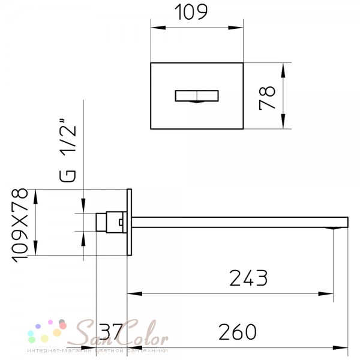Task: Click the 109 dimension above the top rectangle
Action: coord(191,12)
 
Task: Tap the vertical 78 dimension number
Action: coord(267,98)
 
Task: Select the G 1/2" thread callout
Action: coord(67,151)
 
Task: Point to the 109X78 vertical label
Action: coord(20,225)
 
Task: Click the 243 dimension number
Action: coord(248,278)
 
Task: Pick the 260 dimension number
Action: coord(238,332)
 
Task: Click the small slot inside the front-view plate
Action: coord(197,96)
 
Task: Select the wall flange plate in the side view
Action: coord(129,222)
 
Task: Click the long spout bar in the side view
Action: coord(240,222)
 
